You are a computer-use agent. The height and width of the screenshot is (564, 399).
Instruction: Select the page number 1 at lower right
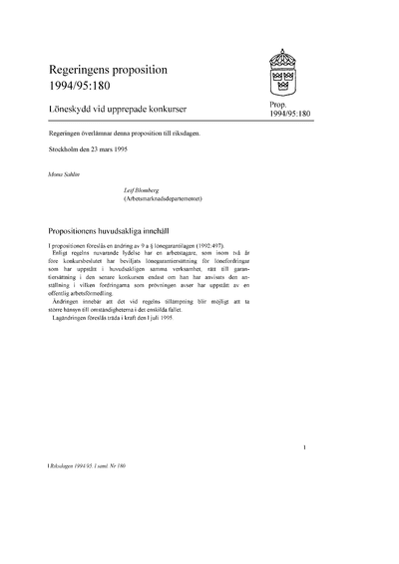(316, 448)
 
